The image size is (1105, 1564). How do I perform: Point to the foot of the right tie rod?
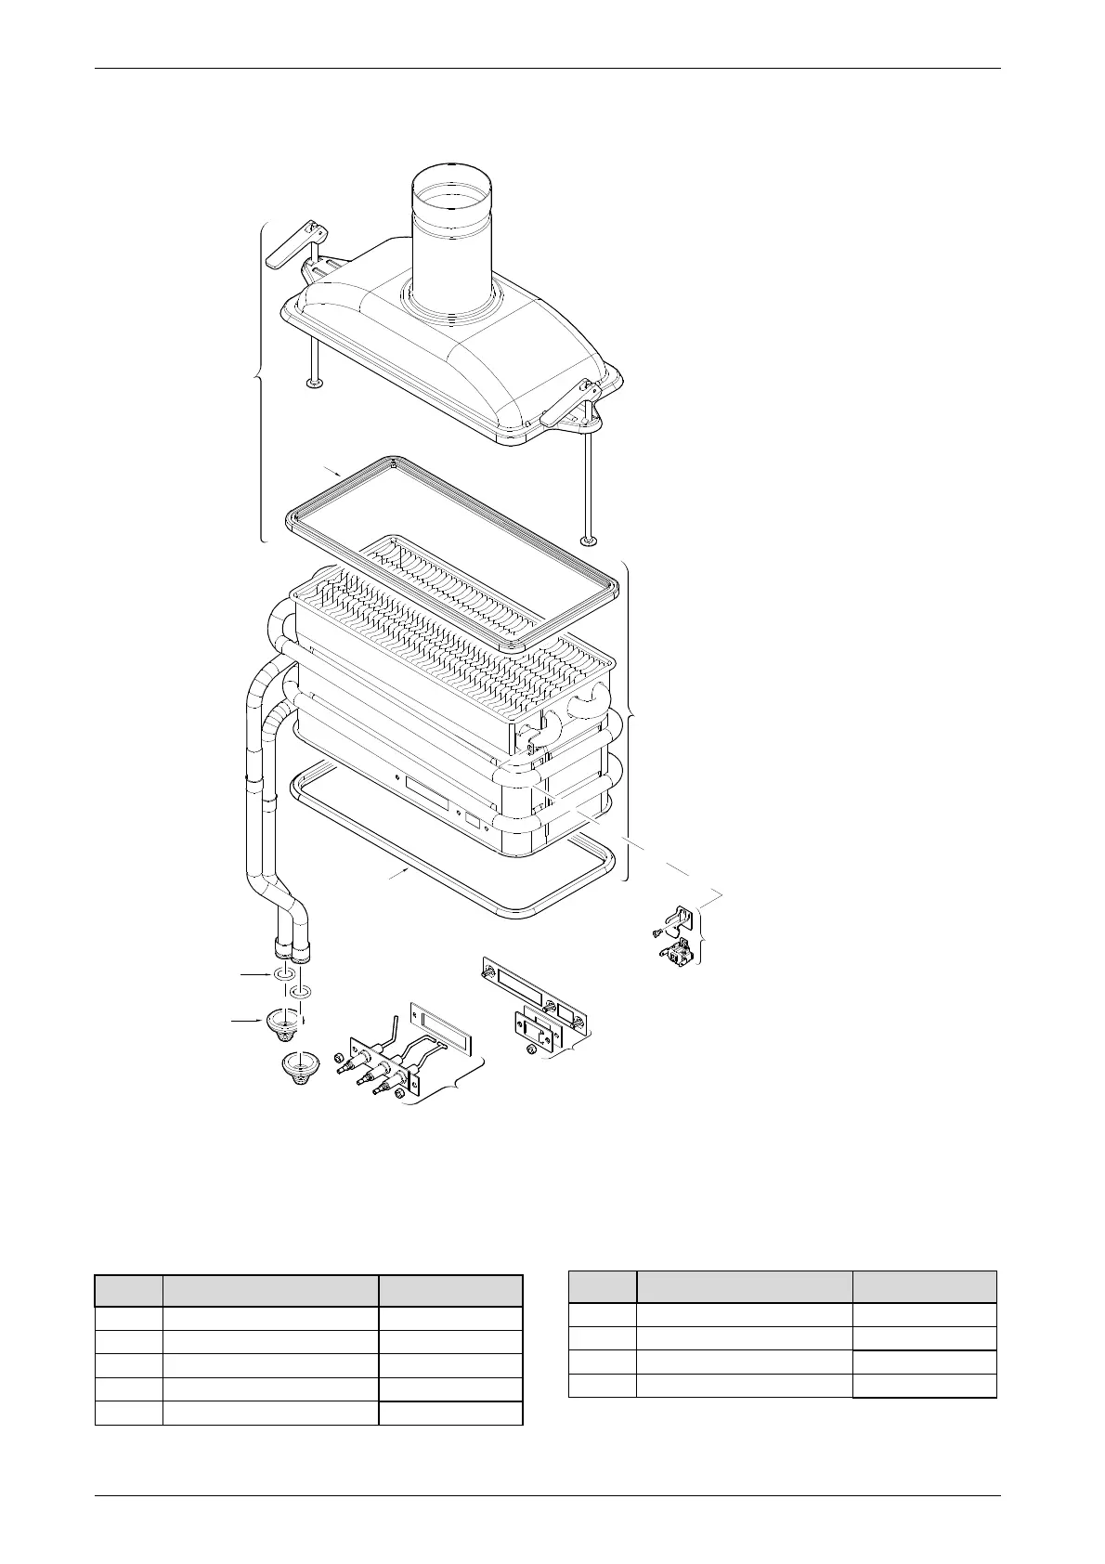(587, 541)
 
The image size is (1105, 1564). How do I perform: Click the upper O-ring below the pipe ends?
(285, 975)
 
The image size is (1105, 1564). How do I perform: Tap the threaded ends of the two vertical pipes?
(292, 951)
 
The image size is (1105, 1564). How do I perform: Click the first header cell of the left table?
(128, 1292)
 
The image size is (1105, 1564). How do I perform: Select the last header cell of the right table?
(925, 1287)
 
